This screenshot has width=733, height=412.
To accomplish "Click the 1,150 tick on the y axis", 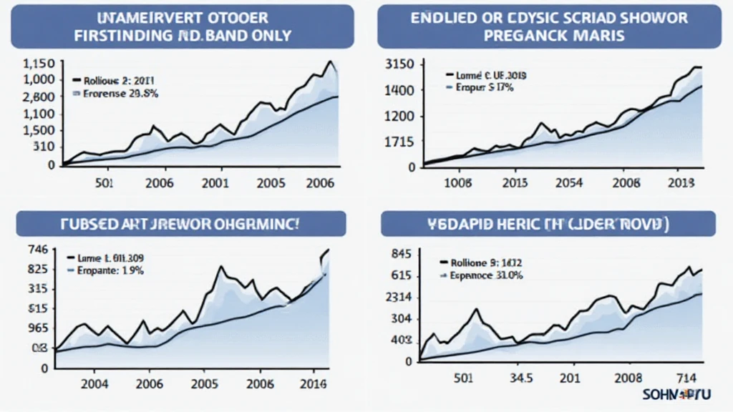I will (x=39, y=64).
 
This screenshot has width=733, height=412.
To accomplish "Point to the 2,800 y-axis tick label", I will (x=39, y=97).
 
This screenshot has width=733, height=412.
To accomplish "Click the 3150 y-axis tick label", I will (x=399, y=65).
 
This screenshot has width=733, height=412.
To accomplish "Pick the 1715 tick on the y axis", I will (x=399, y=142).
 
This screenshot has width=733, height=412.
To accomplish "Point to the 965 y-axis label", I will (x=37, y=328).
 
